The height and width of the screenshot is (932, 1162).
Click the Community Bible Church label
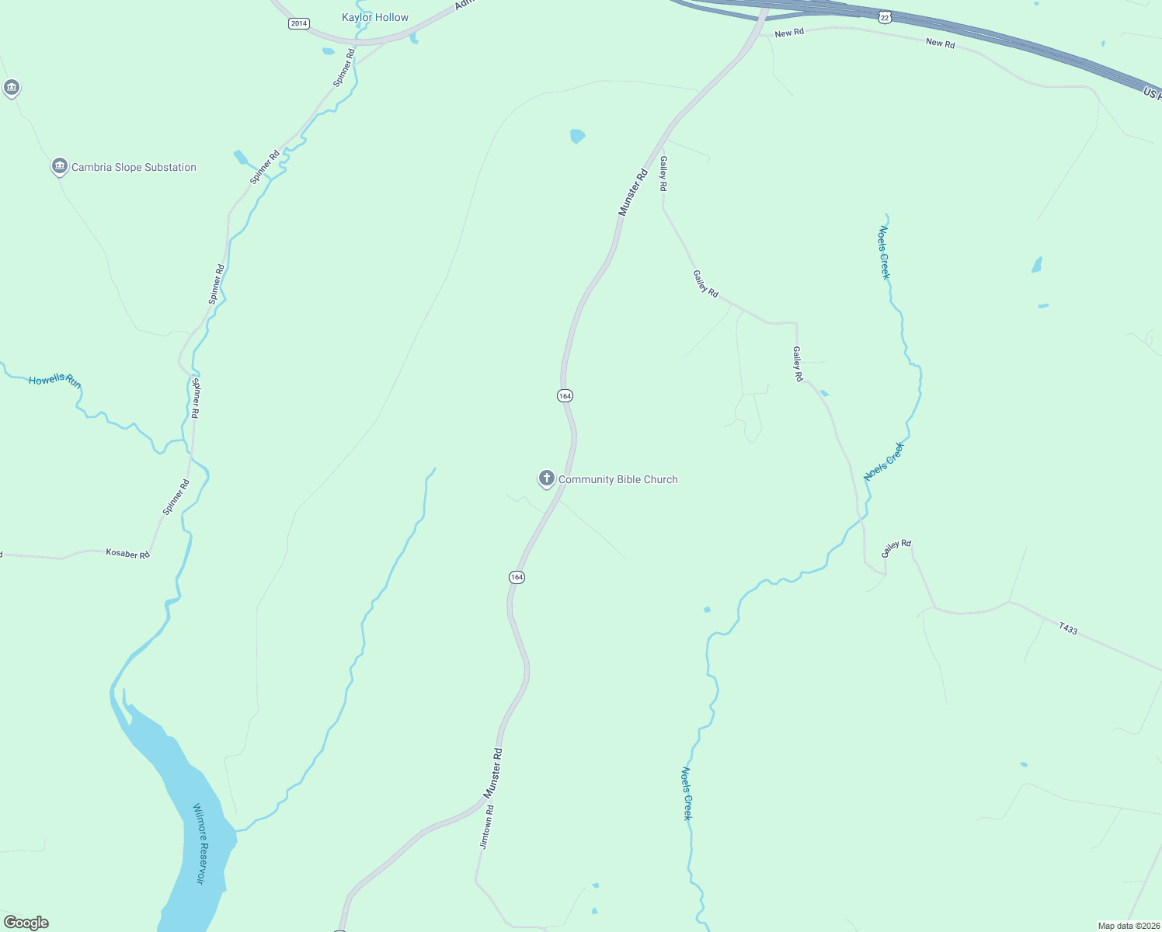(618, 480)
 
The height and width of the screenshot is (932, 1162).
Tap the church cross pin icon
(546, 478)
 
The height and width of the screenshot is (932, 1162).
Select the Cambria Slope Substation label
(134, 168)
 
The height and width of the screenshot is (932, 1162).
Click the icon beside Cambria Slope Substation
(59, 166)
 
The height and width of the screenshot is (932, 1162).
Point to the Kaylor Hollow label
(375, 18)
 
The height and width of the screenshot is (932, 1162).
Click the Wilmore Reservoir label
(200, 843)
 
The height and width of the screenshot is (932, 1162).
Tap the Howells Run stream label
(54, 381)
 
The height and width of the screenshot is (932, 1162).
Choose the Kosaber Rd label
(127, 554)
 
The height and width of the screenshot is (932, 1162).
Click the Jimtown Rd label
(487, 827)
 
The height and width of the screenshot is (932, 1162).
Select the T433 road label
(1068, 629)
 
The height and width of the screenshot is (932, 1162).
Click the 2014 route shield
(299, 23)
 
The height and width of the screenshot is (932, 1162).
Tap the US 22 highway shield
(885, 16)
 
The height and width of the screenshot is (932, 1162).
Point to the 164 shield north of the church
(565, 396)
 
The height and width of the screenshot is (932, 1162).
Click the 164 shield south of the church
(517, 577)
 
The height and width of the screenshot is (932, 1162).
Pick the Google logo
(26, 923)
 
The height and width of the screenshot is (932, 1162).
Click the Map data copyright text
(1128, 926)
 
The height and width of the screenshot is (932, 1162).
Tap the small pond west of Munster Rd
(577, 137)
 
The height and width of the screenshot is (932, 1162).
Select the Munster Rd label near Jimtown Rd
(493, 774)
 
